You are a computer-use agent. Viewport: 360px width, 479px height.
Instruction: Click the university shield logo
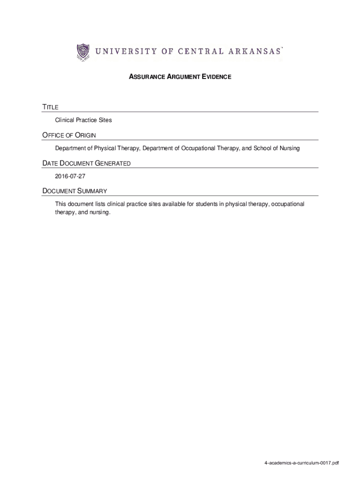[x=83, y=52]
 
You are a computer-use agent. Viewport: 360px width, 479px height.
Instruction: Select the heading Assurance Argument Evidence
[x=180, y=76]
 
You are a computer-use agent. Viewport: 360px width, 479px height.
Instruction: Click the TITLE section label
[x=50, y=108]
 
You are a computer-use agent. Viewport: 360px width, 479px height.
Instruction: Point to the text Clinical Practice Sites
[x=84, y=120]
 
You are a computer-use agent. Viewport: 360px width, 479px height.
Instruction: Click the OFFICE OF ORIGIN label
[x=69, y=136]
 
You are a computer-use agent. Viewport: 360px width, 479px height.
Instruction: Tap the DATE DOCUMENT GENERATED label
[x=86, y=164]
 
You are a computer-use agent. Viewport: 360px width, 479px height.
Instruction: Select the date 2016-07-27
[x=70, y=176]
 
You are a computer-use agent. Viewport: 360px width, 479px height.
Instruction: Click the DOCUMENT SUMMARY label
[x=75, y=191]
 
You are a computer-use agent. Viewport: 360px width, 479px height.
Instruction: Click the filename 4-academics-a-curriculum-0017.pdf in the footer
[x=301, y=463]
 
